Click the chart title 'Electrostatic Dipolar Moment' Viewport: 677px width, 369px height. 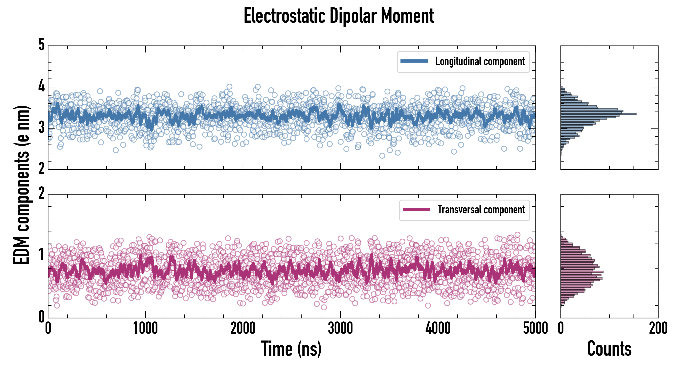coord(338,16)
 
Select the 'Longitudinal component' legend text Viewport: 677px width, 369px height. coord(480,61)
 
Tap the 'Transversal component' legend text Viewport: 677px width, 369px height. coord(481,210)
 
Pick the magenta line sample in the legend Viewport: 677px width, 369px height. coord(416,209)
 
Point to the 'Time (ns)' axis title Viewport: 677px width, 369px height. coord(291,349)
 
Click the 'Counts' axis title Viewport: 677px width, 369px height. coord(609,349)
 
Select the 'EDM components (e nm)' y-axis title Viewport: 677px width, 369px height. coord(22,185)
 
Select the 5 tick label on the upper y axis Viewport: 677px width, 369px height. coord(41,45)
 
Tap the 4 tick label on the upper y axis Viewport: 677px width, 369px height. coord(41,86)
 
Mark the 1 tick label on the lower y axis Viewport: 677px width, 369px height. coord(41,255)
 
